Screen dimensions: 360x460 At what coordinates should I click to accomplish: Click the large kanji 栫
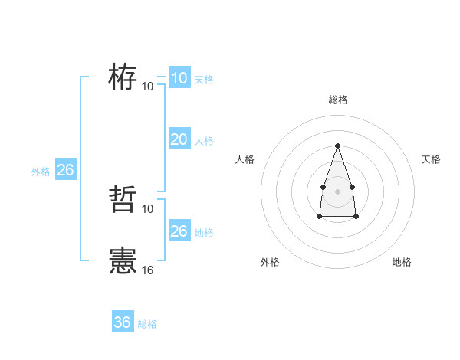(123, 77)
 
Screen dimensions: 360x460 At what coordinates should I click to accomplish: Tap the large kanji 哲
(123, 200)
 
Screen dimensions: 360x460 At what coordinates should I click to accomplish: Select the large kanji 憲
(123, 261)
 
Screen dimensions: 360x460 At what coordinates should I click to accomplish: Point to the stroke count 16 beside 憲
(148, 270)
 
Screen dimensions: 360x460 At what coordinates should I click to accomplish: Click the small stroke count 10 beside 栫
(148, 86)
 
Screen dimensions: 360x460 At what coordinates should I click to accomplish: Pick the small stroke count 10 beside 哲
(148, 208)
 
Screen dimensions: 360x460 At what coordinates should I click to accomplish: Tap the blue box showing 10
(179, 77)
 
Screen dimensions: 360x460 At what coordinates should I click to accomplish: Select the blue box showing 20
(179, 139)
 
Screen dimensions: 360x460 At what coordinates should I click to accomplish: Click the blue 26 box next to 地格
(179, 231)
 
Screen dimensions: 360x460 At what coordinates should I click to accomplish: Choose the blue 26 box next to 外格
(65, 170)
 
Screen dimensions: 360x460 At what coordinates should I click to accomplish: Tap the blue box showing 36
(122, 322)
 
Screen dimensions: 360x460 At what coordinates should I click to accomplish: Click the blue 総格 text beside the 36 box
(147, 324)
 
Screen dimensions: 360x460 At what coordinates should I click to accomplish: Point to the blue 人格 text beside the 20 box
(204, 141)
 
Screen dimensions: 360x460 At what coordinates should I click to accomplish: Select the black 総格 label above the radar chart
(337, 100)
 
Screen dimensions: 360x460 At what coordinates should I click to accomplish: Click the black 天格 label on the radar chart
(431, 159)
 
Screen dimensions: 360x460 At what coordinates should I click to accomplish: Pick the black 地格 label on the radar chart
(402, 262)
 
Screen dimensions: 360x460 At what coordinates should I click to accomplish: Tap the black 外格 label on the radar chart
(270, 262)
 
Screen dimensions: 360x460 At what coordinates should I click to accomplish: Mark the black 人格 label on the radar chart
(245, 159)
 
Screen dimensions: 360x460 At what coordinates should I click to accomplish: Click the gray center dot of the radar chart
(337, 190)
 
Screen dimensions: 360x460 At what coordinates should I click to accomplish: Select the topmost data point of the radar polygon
(337, 146)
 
